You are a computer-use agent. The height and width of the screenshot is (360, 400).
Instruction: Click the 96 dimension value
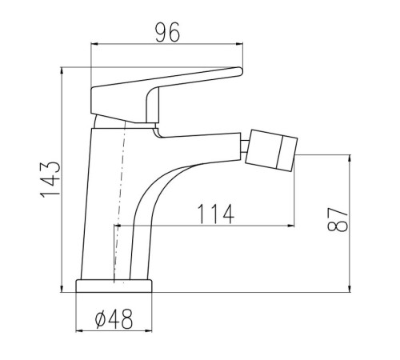(168, 32)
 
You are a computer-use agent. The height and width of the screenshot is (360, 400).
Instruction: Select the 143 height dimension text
(50, 179)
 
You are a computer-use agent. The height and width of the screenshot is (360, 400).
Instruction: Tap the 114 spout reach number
(216, 214)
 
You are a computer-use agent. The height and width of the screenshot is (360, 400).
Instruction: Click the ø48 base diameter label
(114, 319)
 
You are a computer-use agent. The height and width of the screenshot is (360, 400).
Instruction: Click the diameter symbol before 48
(101, 320)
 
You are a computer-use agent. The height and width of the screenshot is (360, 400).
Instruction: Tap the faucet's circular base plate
(114, 286)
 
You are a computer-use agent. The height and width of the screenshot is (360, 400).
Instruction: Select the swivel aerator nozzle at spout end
(271, 150)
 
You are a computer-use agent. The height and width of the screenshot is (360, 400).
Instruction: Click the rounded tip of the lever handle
(241, 71)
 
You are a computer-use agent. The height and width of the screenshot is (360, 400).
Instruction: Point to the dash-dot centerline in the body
(119, 200)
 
